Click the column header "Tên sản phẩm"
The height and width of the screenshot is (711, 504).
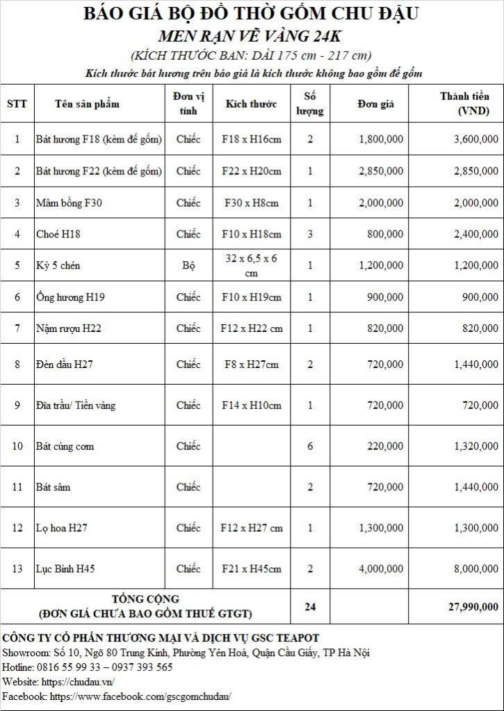87,104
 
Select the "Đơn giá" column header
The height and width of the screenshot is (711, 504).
375,104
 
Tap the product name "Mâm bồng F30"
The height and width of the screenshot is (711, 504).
64,203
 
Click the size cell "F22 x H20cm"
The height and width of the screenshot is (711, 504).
252,171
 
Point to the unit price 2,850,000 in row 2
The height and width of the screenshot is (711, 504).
381,171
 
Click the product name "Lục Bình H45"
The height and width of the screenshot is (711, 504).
65,569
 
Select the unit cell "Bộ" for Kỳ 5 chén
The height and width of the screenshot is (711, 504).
188,265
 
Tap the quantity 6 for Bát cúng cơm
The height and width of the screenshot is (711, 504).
310,446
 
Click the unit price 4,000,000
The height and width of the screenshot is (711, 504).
381,569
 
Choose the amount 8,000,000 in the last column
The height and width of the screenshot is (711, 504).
475,569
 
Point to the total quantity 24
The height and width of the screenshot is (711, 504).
310,606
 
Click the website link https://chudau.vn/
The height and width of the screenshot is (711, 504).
77,681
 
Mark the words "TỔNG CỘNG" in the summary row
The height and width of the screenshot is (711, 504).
145,599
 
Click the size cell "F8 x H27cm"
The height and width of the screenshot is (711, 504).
252,364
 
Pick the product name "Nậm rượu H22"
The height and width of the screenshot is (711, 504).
69,328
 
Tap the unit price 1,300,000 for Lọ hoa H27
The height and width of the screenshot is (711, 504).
381,528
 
